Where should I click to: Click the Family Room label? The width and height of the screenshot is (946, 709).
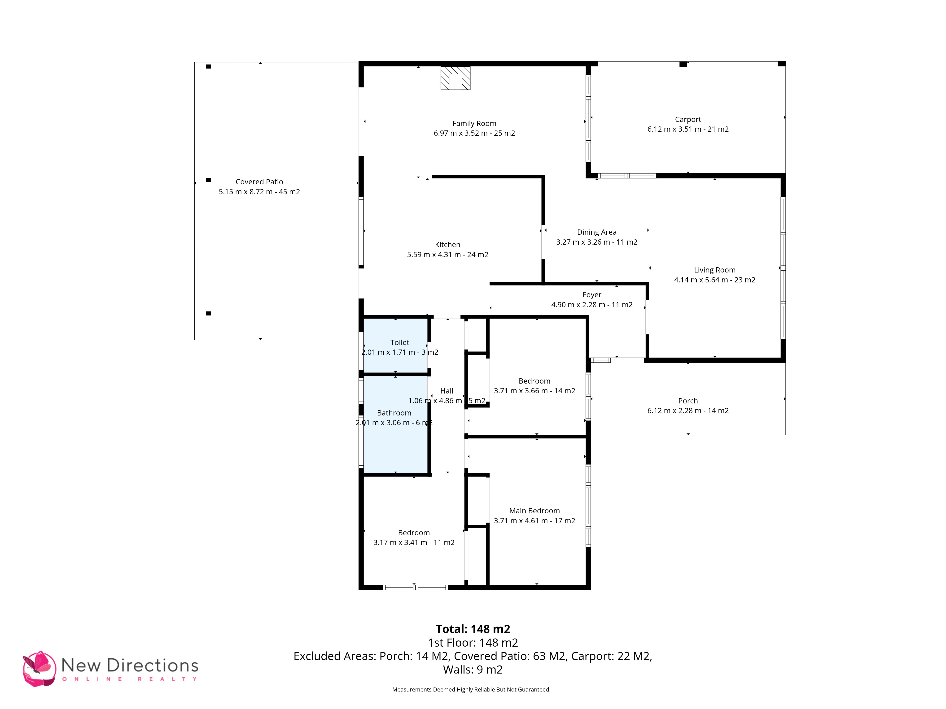click(474, 124)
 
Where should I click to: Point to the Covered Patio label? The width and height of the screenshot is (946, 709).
click(259, 182)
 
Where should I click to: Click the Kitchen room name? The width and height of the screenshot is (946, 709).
click(447, 244)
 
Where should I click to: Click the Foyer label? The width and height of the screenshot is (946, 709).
click(591, 295)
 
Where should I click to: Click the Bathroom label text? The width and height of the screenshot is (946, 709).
click(394, 413)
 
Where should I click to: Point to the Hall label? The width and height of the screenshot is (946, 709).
click(447, 391)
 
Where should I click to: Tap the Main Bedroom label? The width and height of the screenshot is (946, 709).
click(534, 511)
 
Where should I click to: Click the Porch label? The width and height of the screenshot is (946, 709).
click(688, 401)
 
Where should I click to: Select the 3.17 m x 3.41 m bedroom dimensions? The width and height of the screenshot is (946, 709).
click(414, 542)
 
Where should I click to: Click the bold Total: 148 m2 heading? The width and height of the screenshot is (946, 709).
click(473, 629)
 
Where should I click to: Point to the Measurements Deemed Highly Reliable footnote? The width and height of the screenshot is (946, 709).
click(471, 689)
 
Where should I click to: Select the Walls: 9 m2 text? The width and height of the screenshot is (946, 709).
click(473, 670)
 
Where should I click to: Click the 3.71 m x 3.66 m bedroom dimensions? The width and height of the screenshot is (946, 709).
click(534, 391)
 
